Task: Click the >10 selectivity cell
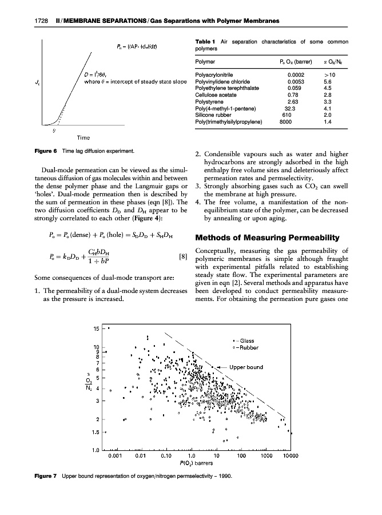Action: [x=329, y=74]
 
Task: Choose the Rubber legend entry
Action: [x=248, y=347]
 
